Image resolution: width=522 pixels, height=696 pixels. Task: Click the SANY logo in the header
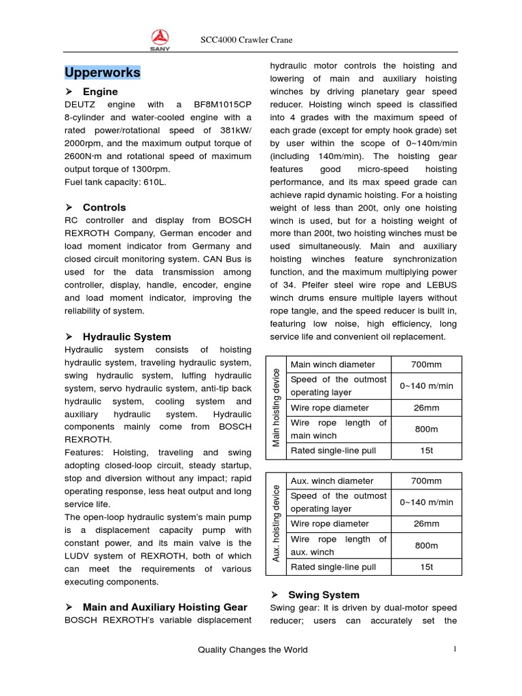(x=160, y=40)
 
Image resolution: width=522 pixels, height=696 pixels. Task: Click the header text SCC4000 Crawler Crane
(x=246, y=40)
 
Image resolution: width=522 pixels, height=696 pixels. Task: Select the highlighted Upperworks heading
(x=103, y=72)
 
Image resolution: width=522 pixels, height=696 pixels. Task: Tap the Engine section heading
(x=100, y=92)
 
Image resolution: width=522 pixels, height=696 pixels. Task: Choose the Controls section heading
(x=104, y=207)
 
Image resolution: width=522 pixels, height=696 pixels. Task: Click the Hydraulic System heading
(x=126, y=336)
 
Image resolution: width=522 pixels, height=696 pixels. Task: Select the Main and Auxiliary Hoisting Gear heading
(x=164, y=607)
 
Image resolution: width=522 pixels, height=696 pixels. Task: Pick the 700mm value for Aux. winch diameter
(x=426, y=481)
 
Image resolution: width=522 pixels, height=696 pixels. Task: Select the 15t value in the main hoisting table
(x=426, y=451)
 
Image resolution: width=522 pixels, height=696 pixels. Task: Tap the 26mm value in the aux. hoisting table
(x=426, y=524)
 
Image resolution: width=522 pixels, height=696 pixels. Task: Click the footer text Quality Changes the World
(x=252, y=650)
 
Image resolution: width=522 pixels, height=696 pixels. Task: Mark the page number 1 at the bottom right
(x=455, y=649)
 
